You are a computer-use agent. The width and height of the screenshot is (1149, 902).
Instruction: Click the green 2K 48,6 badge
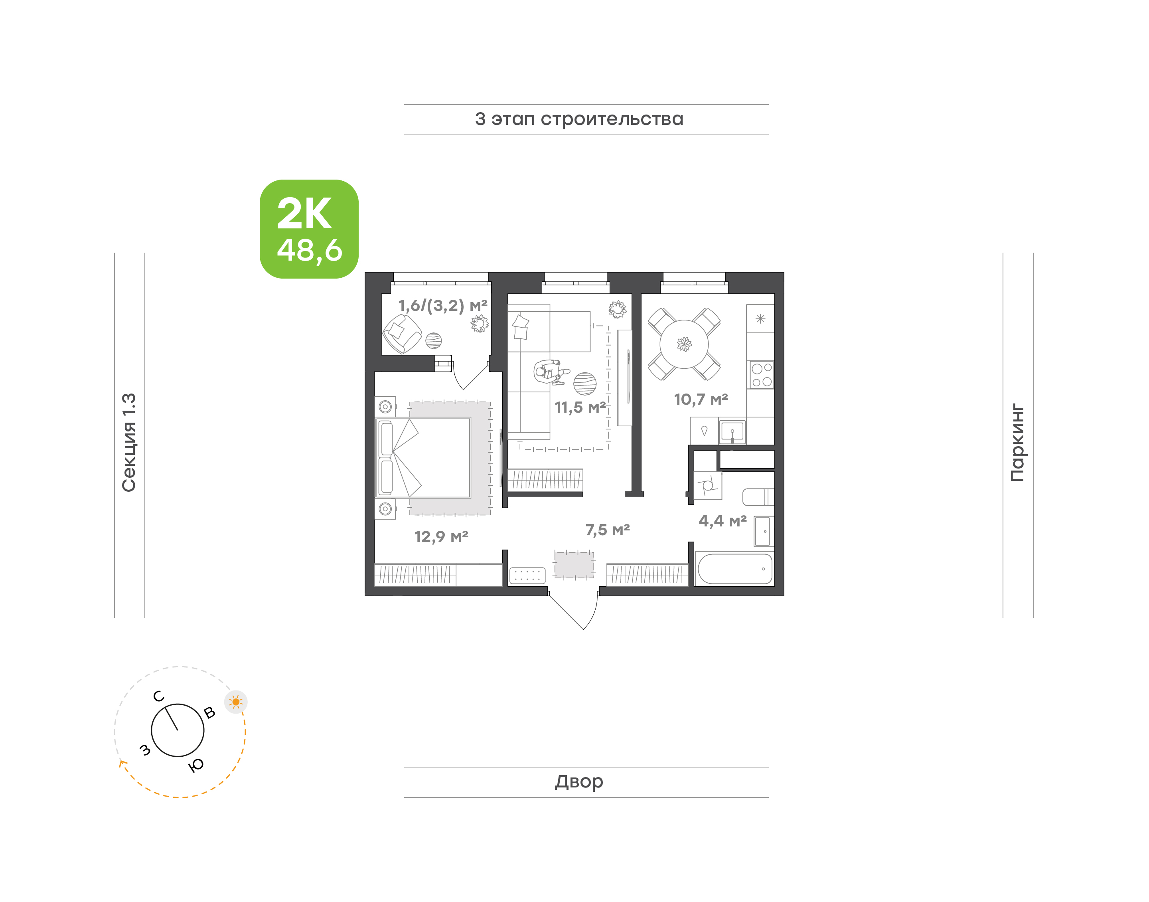coord(309,229)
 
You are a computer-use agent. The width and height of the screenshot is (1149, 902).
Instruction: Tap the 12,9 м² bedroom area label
coord(441,536)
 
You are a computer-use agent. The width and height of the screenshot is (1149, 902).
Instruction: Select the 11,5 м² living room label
coord(580,407)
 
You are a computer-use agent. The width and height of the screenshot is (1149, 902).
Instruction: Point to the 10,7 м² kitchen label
coord(701,399)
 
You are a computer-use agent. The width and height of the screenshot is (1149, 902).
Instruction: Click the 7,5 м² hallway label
coord(608,530)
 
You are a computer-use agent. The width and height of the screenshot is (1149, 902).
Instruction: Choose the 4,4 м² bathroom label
coord(723,521)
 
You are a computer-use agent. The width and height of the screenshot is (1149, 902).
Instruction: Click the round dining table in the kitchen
coord(684,344)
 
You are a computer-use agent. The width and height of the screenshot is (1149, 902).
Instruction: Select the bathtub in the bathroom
coord(735,569)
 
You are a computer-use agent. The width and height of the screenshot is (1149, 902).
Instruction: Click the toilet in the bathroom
coord(758,497)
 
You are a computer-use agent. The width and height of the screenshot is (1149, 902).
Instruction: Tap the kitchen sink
coord(732,431)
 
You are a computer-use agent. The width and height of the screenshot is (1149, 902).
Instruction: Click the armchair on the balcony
coord(402,334)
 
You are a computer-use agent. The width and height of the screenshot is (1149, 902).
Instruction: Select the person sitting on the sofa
coord(551,372)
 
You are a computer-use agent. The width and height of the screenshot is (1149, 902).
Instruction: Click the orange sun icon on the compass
coord(236,702)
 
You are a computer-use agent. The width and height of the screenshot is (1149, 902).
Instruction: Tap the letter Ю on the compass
coord(196,765)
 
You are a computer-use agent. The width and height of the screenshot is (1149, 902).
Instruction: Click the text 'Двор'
coord(578,781)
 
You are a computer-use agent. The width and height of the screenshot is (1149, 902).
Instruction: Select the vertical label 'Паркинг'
coord(1018,443)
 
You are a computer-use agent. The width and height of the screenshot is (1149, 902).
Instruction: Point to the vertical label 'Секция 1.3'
coord(129,442)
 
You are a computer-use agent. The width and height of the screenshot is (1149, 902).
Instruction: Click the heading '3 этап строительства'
coord(579,119)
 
